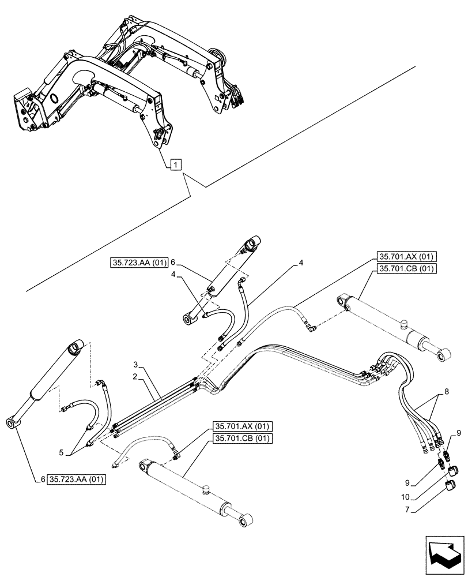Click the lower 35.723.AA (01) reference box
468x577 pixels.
(78, 479)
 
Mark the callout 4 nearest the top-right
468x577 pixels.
(301, 263)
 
